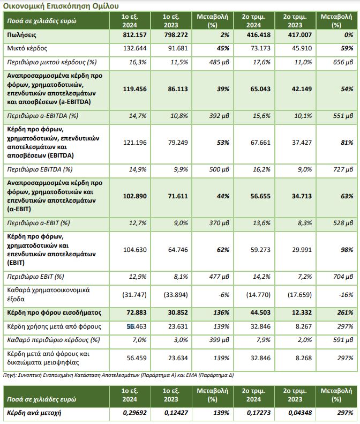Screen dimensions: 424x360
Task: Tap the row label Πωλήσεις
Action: coord(21,35)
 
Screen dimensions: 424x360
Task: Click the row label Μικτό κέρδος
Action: coord(26,49)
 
